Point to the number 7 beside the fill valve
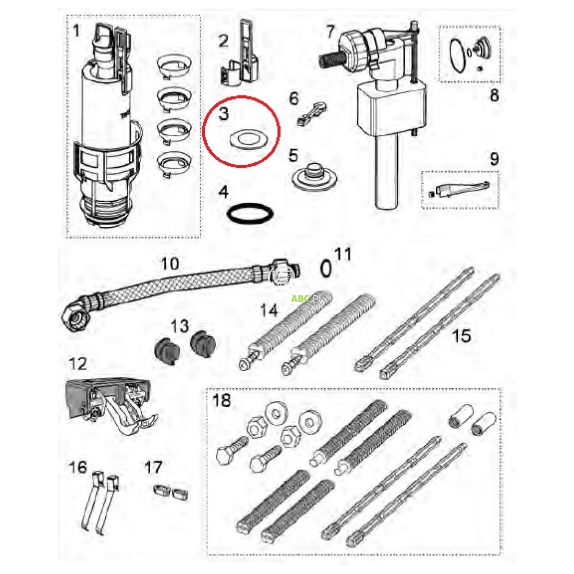click(x=331, y=33)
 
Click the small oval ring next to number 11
click(x=326, y=268)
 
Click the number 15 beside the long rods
click(x=462, y=336)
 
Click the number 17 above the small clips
click(x=153, y=467)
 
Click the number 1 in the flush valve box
click(x=77, y=32)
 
